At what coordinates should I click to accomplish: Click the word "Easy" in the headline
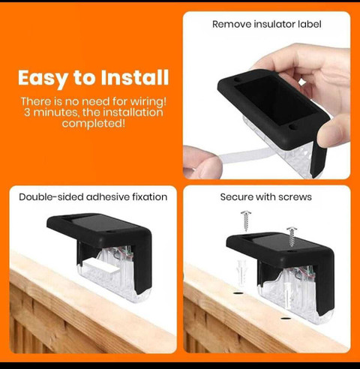point(43,79)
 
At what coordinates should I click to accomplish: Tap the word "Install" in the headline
point(135,77)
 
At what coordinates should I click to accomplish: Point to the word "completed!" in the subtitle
point(94,123)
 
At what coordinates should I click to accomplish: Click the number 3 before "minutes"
point(27,112)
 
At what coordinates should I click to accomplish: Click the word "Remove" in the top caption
point(232,24)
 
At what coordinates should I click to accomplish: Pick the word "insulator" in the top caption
point(274,24)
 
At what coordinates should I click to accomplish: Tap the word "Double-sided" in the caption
point(51,197)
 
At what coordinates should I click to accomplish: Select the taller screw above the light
point(246,221)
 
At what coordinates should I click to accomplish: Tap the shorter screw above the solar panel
point(292,237)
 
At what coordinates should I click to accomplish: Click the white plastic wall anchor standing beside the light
point(240,273)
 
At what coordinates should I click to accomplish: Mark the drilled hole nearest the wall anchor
point(239,292)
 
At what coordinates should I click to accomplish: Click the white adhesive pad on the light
point(101,266)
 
